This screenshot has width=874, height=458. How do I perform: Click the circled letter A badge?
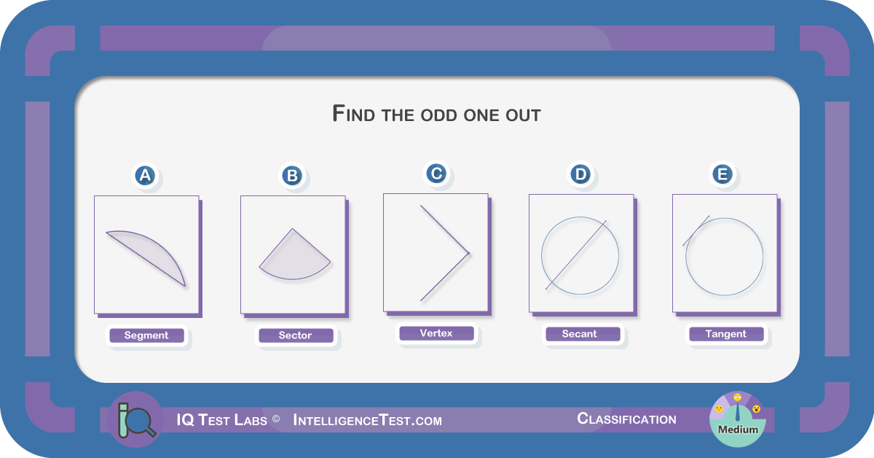point(145,176)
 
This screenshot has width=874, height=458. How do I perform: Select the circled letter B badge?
point(292,176)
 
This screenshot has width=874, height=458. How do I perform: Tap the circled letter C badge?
point(436,174)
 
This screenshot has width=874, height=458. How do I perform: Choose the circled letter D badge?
point(580,174)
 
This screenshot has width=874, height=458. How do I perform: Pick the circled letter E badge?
point(723,174)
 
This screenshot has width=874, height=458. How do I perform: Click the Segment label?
point(146,335)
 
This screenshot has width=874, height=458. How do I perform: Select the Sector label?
point(296,335)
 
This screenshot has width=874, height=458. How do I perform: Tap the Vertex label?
point(436,333)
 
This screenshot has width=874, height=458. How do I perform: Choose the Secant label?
point(580,334)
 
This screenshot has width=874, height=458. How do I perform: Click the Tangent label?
point(725,334)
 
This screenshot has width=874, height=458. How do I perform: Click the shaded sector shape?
point(294,258)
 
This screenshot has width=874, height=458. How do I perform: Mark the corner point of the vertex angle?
point(469,253)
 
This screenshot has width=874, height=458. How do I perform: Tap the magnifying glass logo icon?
point(136,419)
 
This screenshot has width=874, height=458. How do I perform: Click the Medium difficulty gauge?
point(737,419)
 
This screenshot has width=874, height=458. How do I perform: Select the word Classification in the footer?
point(626,419)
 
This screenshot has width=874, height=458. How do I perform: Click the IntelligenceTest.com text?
point(368,421)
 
